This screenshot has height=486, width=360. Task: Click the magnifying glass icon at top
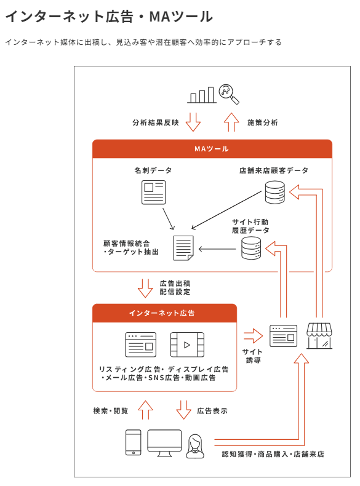coord(229,94)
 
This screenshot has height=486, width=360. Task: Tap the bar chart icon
coord(202,95)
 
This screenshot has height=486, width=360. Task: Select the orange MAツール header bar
coord(212,149)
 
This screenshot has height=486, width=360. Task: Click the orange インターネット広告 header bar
coord(164,313)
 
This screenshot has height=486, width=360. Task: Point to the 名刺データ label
coord(153,170)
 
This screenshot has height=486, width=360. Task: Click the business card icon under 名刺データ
coord(153,193)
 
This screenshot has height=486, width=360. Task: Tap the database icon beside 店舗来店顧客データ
coord(274,193)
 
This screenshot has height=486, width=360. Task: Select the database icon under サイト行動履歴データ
coord(251,248)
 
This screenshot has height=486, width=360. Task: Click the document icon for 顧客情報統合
coord(183,248)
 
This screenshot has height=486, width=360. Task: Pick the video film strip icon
coord(187,345)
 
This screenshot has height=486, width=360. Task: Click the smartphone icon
coord(134,442)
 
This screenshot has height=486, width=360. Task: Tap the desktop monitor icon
coord(164,443)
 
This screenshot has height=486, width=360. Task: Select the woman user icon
coord(195,446)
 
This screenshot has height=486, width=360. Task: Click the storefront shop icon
coord(319,336)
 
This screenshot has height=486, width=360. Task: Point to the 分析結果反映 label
coord(156,123)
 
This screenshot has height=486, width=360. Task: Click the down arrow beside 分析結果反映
coord(193,122)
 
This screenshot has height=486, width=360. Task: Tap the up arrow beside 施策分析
coord(231,122)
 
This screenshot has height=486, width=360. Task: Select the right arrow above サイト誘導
coord(254,336)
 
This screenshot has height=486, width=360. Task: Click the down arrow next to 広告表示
coord(183,410)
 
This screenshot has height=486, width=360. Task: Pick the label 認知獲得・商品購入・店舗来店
coord(273,454)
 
